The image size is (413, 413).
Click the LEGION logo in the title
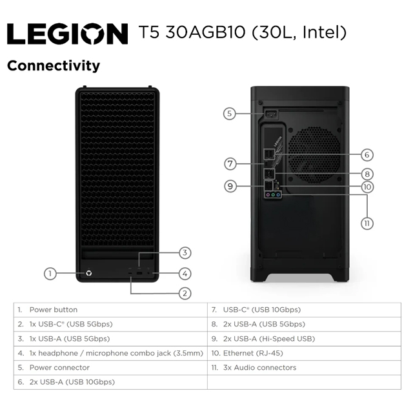coord(67,34)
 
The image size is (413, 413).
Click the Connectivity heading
coord(54,66)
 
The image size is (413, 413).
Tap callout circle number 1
coord(50,274)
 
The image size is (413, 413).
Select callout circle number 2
coord(185,294)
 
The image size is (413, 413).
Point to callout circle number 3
coord(185,253)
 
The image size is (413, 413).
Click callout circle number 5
coord(230,114)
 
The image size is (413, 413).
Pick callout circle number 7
coord(230,164)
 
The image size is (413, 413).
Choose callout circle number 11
coord(367,224)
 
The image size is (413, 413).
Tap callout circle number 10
coord(367,187)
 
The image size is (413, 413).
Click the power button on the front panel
coord(89,274)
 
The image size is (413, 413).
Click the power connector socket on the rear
coord(271,114)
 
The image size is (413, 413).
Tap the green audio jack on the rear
coord(273,195)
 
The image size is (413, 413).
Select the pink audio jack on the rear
coord(268,195)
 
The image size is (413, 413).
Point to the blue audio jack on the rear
coord(278,195)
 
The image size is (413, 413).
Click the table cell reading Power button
coord(110,310)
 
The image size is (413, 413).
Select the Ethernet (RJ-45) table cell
coord(304,354)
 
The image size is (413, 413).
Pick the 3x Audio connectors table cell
coord(304,368)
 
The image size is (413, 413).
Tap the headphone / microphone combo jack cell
coord(110,354)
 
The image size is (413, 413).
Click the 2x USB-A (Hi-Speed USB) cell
coord(304,339)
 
